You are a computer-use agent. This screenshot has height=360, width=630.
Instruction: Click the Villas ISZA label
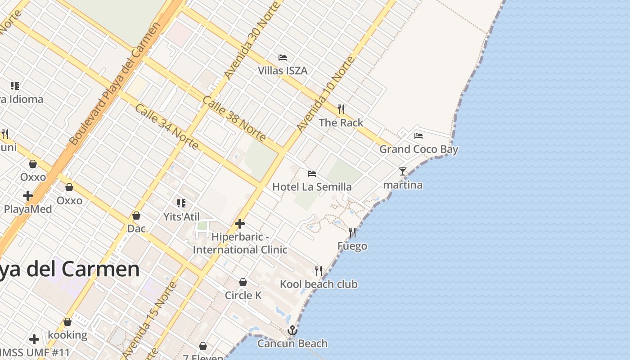pos(283,71)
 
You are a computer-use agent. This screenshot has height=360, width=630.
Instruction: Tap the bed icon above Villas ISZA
pos(283,58)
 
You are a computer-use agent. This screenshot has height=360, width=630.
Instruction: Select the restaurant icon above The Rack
pos(341,109)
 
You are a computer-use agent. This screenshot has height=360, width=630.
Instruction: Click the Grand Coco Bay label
pos(418,149)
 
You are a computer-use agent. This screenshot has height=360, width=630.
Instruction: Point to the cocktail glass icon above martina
pos(403,171)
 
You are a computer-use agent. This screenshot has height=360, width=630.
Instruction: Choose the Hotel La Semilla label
pos(312,186)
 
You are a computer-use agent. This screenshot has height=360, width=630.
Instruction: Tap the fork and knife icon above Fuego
pos(352,233)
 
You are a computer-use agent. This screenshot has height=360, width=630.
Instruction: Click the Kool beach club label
pos(319,284)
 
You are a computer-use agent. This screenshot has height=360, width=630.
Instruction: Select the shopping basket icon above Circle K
pos(243,282)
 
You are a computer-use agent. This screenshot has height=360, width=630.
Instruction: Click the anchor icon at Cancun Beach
pos(292,331)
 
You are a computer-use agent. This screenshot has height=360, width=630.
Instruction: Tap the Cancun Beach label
pos(292,343)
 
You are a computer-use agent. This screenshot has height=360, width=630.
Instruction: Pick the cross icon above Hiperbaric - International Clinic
pos(240,223)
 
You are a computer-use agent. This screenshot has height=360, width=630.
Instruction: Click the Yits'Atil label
pos(181,216)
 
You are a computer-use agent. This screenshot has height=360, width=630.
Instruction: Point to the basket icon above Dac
pos(136,216)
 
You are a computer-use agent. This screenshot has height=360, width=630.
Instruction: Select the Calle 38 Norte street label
pos(234,118)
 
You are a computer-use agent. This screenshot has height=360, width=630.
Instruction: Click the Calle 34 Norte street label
pos(166,127)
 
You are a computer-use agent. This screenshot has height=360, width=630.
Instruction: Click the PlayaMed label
pos(28,209)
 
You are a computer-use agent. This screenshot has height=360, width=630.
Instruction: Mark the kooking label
pos(67,335)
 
